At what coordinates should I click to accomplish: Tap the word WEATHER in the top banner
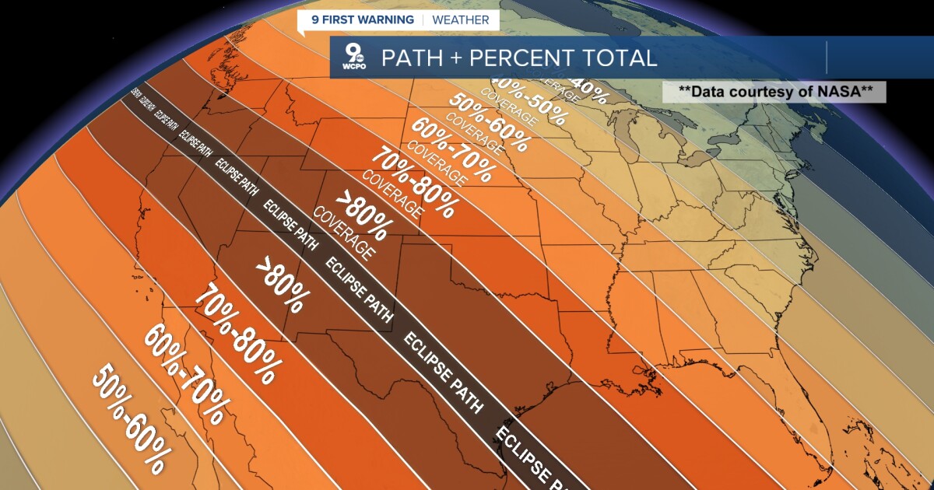click(x=461, y=19)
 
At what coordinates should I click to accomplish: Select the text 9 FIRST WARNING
click(x=362, y=19)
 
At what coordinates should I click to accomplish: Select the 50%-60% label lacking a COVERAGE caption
click(x=128, y=419)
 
